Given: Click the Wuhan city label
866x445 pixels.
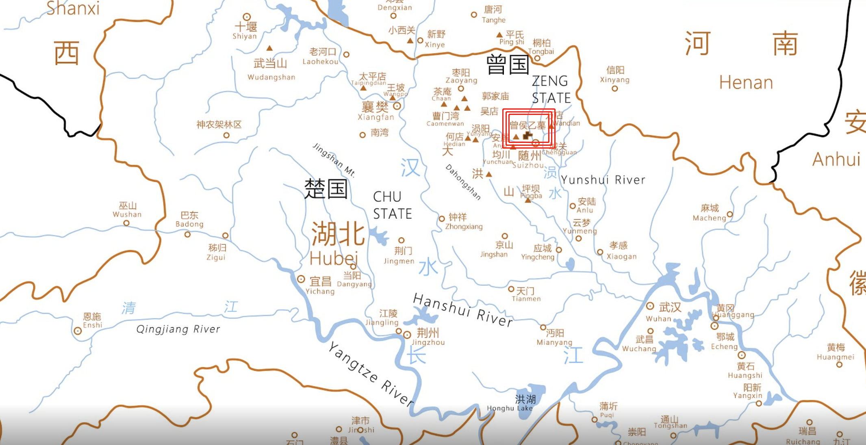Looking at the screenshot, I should point(658,319).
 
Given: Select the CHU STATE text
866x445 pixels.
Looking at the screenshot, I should point(393,205).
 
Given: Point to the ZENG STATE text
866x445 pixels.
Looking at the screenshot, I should point(551,90).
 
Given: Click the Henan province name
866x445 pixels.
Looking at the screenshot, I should point(746,83).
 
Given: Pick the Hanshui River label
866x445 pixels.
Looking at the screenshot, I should point(463,310).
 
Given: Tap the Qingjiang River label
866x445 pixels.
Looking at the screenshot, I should point(178,329).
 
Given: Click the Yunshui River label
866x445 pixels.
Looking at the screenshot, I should point(603,180).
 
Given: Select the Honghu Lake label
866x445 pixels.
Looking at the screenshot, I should point(510,408).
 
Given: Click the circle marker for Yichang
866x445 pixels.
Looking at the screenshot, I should point(301,279).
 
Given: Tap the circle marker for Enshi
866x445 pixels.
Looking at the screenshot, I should point(78,331).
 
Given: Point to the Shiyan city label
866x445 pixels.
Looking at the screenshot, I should point(245,36).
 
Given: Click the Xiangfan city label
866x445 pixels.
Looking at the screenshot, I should point(376,117).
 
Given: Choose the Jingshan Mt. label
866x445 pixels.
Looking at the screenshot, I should point(334,160).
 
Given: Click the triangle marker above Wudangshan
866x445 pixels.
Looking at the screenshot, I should point(269,48).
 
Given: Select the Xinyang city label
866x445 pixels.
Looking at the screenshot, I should point(614,80).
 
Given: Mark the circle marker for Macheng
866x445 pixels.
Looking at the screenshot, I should point(730,214).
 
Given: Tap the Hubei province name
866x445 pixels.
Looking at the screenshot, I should point(334,258).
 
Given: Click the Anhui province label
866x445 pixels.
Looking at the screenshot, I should point(836,160).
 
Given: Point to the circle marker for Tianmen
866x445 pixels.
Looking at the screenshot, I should point(511,289).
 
